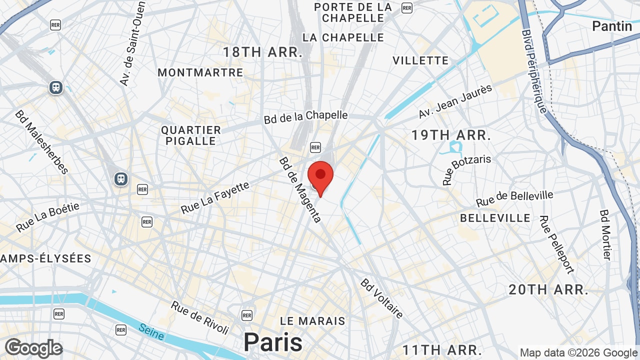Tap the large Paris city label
[273, 342]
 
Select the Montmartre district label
[200, 72]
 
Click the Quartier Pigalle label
[191, 135]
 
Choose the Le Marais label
[312, 320]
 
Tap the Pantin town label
[611, 26]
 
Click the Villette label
[420, 60]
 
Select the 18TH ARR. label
[262, 52]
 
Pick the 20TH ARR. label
[548, 289]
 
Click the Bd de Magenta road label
[300, 190]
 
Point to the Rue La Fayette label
[215, 198]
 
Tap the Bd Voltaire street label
[381, 298]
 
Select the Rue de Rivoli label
[199, 317]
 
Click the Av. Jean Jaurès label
[455, 101]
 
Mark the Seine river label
[151, 332]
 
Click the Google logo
[33, 348]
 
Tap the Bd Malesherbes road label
[41, 142]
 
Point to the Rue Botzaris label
[466, 169]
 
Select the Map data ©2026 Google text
[578, 352]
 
